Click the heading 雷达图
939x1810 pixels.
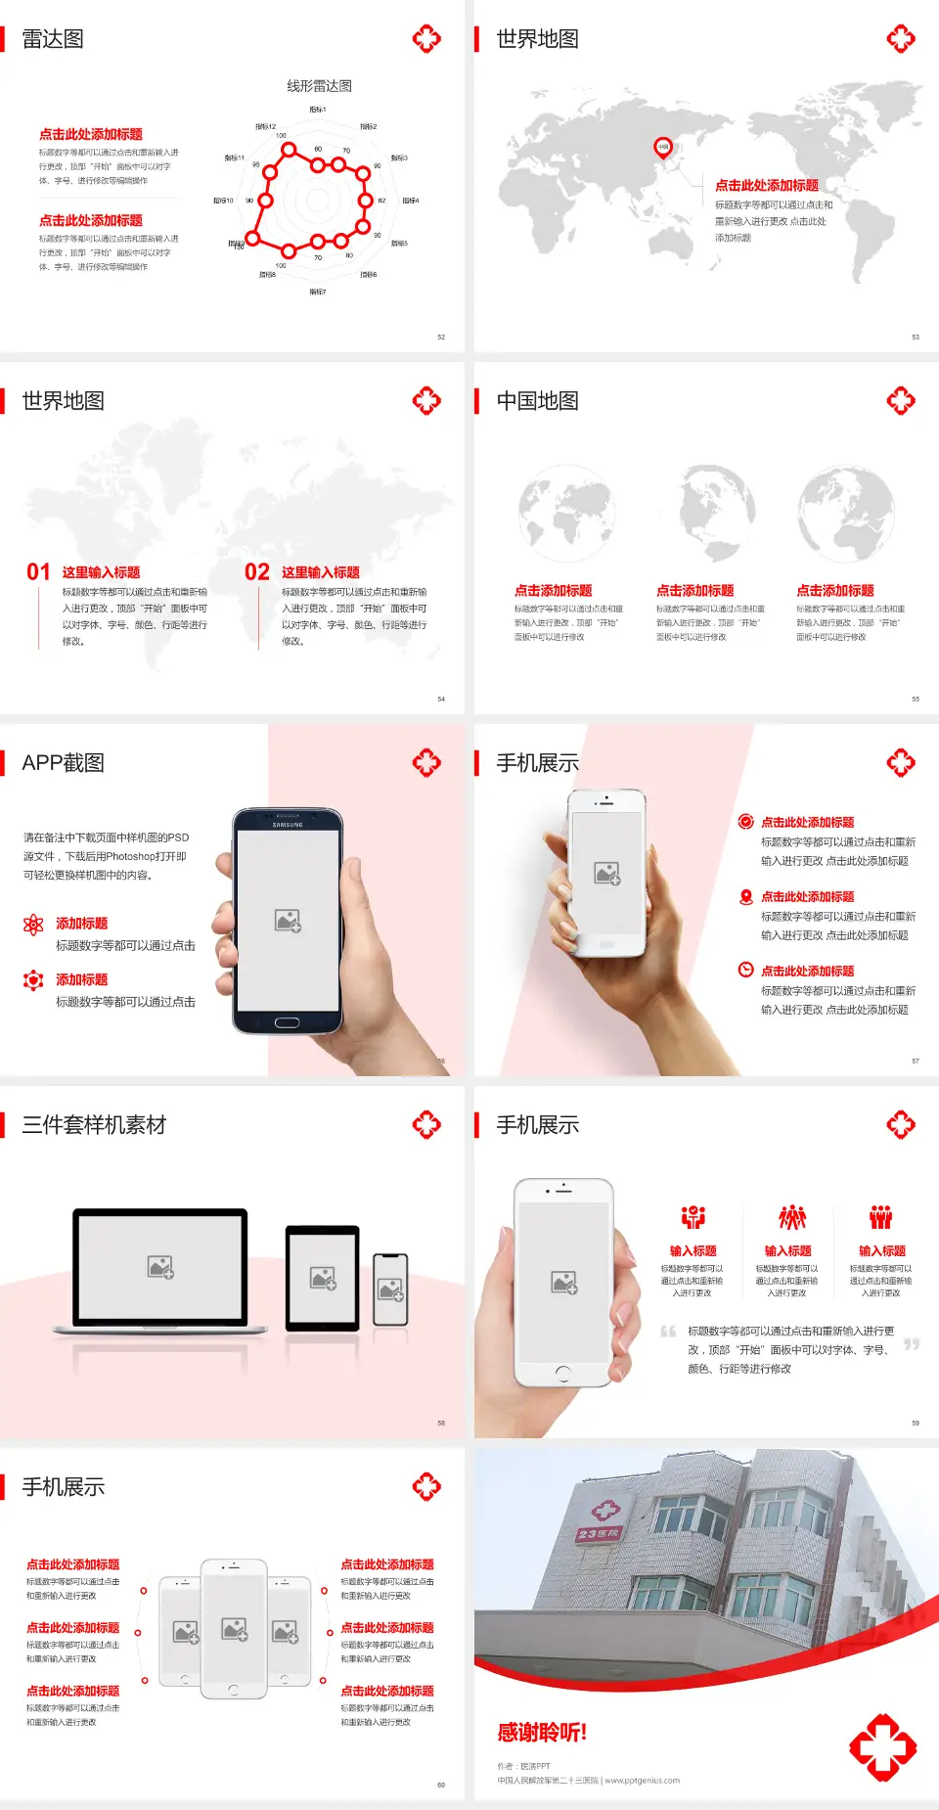tap(53, 39)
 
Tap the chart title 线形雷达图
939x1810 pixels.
tap(319, 86)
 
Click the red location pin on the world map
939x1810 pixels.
tap(663, 148)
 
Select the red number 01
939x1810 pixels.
tap(38, 572)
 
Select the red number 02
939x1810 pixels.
tap(257, 572)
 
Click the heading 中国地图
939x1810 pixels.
tap(537, 401)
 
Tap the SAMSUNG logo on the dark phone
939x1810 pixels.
tap(288, 825)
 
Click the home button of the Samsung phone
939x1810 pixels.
tap(287, 1022)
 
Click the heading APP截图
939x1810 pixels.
tap(63, 763)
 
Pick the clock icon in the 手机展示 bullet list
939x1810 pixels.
tap(745, 970)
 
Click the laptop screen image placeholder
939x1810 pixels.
tap(160, 1267)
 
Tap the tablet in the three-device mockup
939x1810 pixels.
tap(323, 1277)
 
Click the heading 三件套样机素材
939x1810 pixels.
tap(94, 1125)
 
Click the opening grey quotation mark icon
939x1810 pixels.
tap(668, 1332)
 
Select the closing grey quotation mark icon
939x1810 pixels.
tap(912, 1344)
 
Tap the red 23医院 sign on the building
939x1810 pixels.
tap(599, 1533)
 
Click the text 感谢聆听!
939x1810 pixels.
tap(542, 1733)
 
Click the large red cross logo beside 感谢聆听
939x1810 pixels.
tap(882, 1747)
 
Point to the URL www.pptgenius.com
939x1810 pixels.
tap(642, 1781)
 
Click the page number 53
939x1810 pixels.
tap(916, 337)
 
